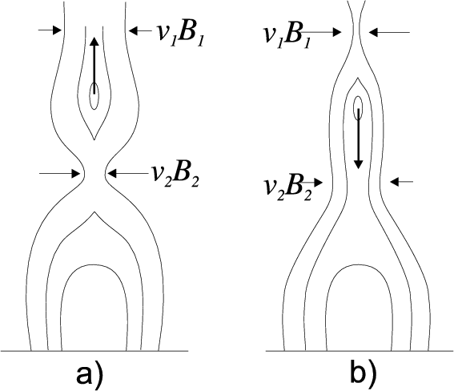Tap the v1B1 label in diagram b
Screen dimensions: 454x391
[286, 36]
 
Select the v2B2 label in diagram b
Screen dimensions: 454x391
[287, 188]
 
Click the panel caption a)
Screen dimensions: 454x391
[90, 374]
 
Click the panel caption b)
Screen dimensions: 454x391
[364, 374]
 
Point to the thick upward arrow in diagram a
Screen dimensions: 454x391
[94, 66]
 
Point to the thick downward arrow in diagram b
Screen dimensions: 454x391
[359, 139]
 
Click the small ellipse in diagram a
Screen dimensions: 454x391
[94, 96]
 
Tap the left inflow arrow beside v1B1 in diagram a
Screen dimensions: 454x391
[49, 30]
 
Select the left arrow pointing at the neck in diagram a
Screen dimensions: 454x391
[59, 174]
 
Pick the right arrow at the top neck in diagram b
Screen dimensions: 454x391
[389, 32]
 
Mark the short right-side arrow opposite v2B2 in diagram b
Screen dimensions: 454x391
[402, 182]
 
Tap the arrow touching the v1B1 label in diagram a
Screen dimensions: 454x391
[140, 30]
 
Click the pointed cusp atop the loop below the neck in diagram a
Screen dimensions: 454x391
[94, 212]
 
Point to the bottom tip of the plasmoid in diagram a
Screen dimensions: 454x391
[94, 139]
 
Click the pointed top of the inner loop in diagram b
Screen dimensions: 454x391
[358, 78]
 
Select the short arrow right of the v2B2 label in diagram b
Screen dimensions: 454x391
[311, 183]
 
